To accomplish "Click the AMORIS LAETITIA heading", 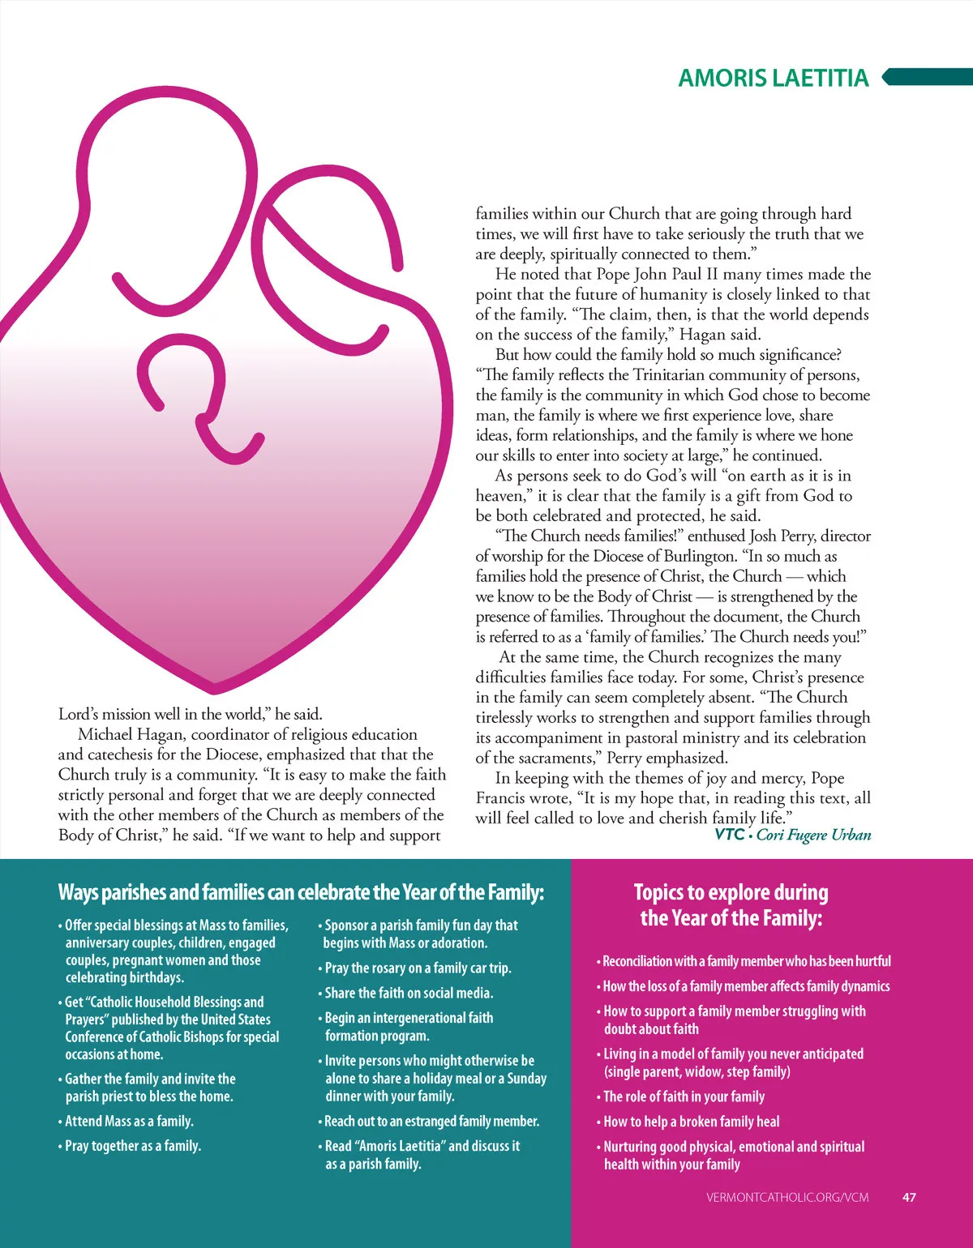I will pos(773,78).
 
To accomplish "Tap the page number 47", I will pos(909,1197).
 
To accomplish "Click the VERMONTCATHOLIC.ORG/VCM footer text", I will pos(787,1197).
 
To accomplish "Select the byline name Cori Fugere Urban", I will pos(813,835).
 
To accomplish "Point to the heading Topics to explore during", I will pos(731,892).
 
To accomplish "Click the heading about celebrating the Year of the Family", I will pos(301,892).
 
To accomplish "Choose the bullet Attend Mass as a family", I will pos(128,1121).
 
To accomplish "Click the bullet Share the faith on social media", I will pos(408,993).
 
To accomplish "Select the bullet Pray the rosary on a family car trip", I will pos(417,968).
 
